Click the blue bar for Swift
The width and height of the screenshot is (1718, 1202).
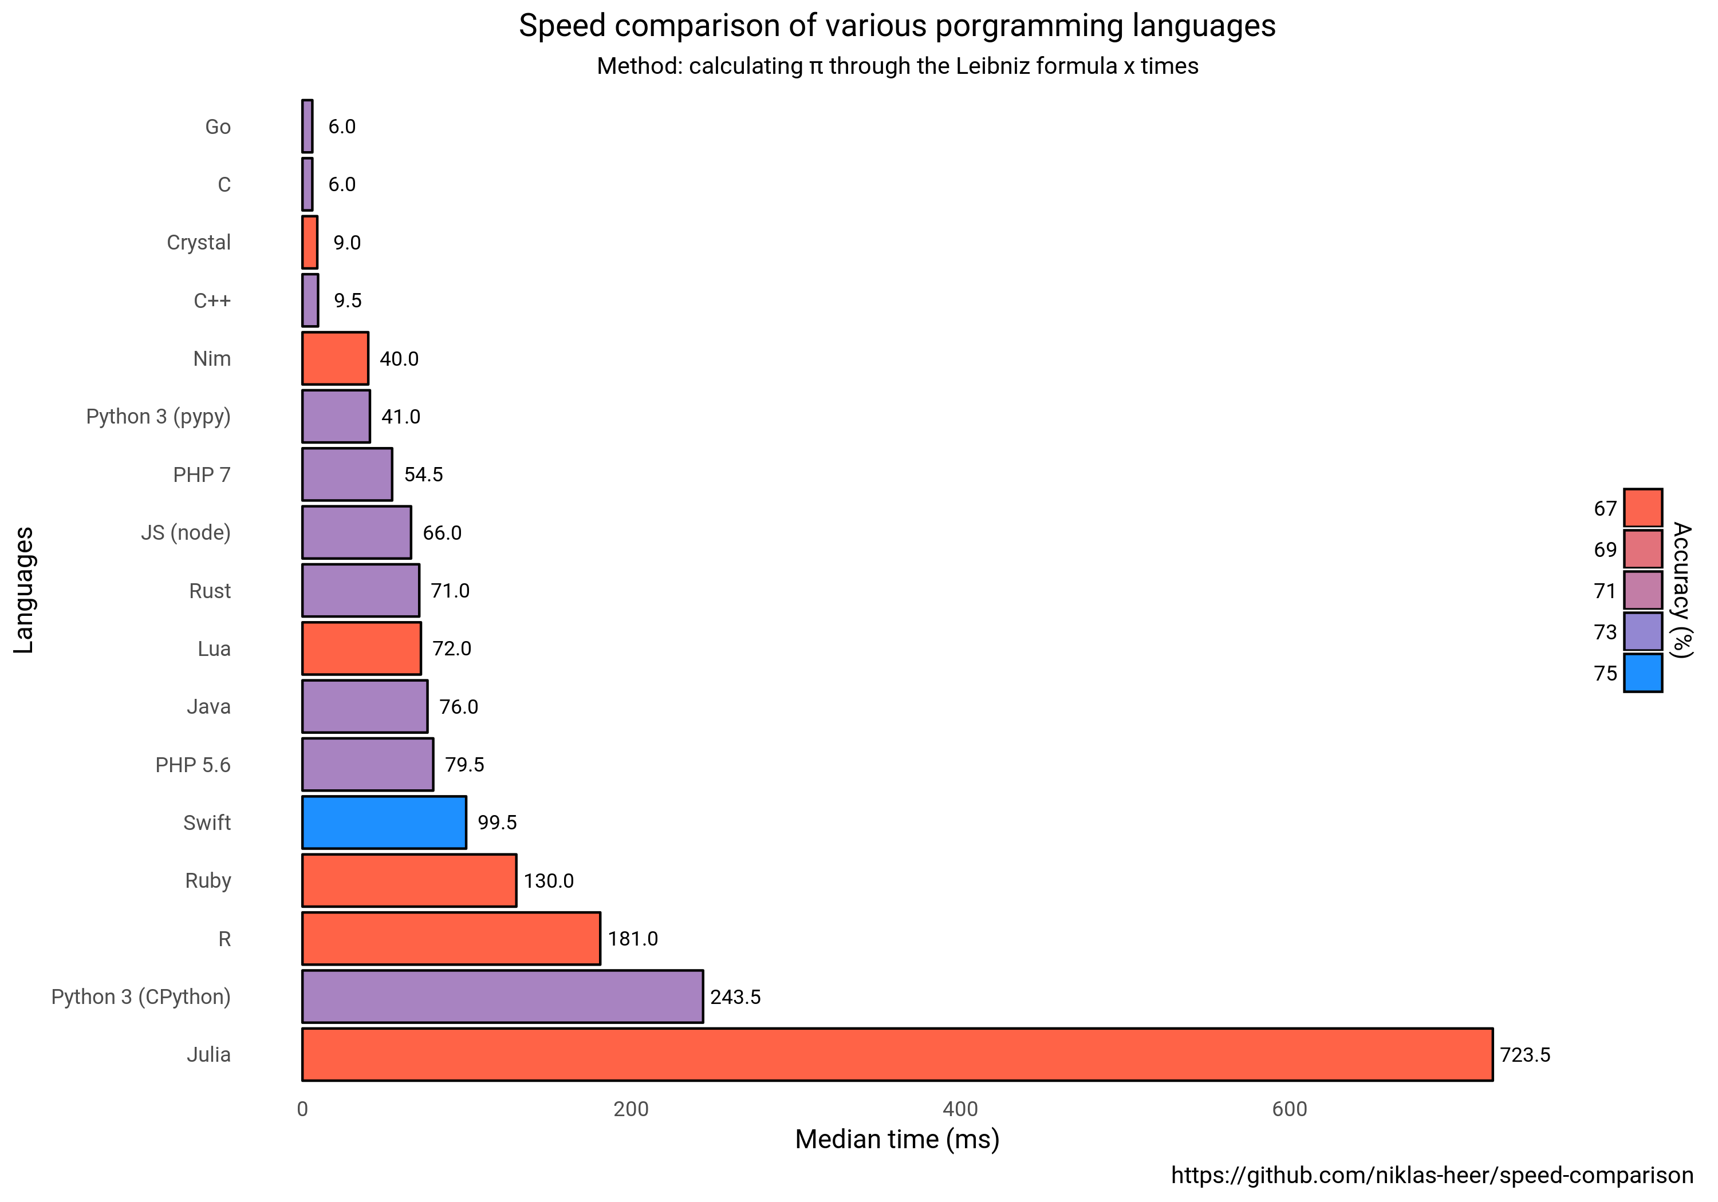coord(384,822)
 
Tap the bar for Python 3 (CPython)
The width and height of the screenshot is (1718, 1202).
coord(502,997)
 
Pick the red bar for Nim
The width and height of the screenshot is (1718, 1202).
coord(334,358)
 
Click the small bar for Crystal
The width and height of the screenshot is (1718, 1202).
coord(310,242)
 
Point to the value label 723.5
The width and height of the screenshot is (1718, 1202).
coord(1524,1055)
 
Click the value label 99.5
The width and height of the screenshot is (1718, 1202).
coord(497,823)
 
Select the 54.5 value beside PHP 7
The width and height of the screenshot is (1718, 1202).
coord(424,475)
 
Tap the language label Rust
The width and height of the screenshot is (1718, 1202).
coord(210,591)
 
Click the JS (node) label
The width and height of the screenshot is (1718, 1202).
coord(186,532)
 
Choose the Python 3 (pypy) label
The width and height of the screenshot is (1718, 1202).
coord(158,417)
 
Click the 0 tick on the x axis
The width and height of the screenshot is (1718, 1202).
coord(302,1109)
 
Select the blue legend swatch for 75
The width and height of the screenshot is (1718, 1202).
coord(1642,673)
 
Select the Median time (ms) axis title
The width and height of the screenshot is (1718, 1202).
coord(896,1139)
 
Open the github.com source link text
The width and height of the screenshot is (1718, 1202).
coord(1432,1175)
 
